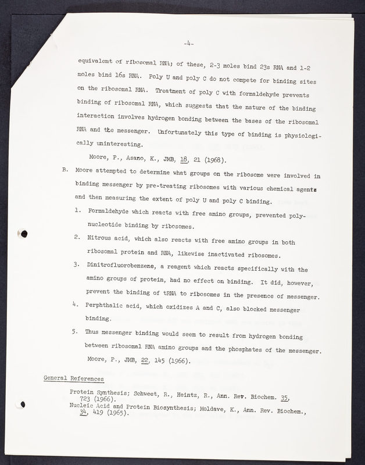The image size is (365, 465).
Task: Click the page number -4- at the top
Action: (188, 42)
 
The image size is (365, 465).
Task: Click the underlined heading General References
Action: (74, 379)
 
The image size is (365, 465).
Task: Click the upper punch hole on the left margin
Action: (24, 233)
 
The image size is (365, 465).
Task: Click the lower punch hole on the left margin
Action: (22, 404)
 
